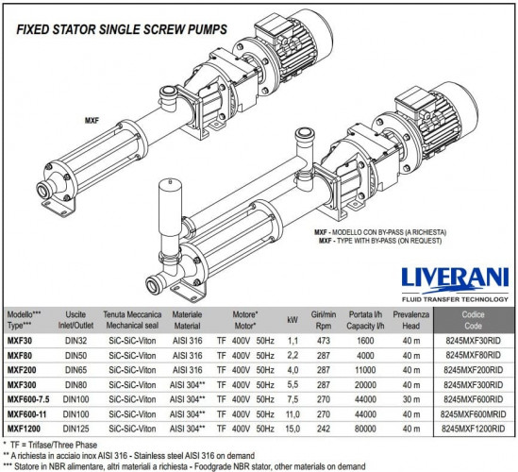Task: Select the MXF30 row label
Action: click(x=20, y=341)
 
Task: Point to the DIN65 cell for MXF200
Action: click(x=75, y=370)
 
